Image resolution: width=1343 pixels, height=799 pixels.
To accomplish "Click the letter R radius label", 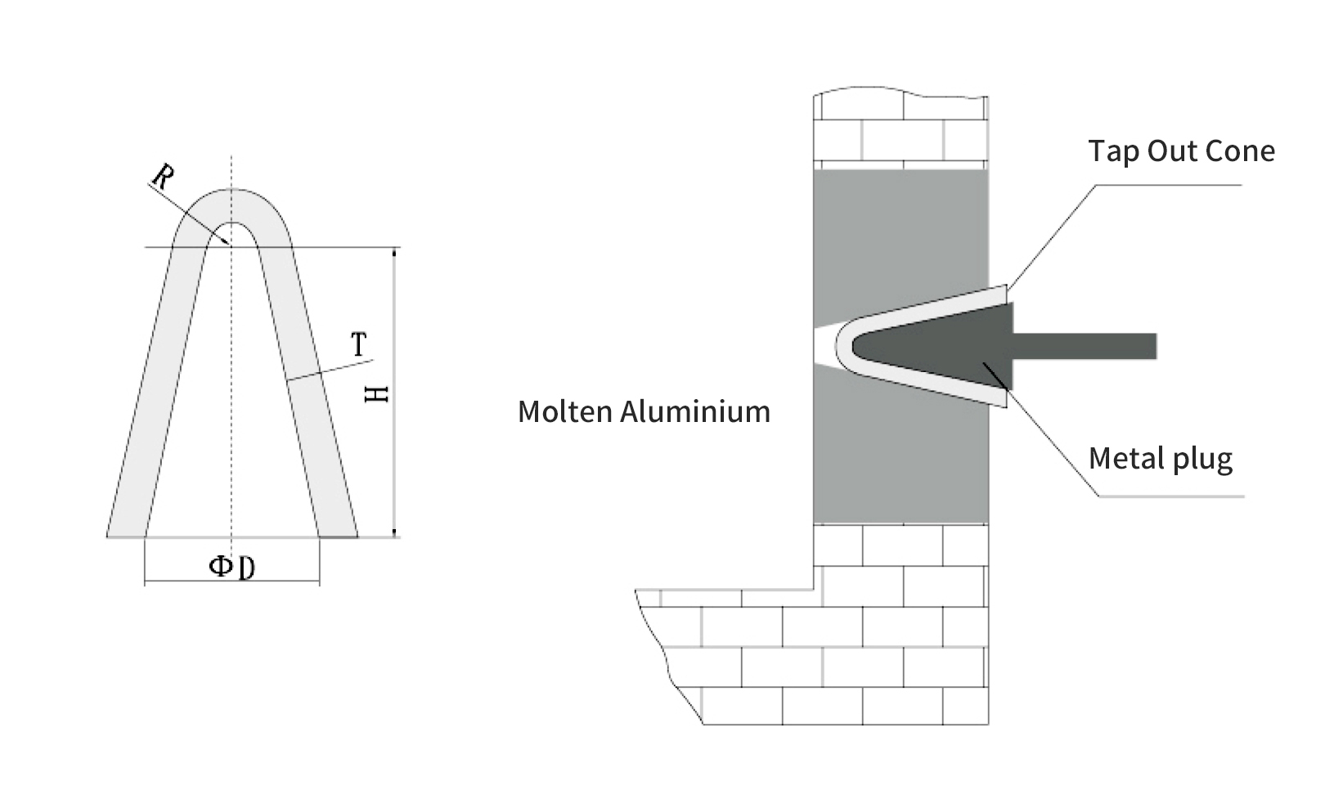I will (x=163, y=177).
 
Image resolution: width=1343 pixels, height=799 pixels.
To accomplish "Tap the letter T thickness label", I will (x=359, y=344).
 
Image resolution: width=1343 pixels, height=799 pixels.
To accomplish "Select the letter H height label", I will (x=376, y=393).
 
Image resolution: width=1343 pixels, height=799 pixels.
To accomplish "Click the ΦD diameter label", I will (x=232, y=566).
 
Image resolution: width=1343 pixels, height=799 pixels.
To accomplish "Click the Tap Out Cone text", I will (x=1181, y=151).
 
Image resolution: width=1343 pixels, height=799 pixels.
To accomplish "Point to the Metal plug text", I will (x=1160, y=459).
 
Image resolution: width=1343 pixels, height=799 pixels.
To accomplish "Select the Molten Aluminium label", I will (x=644, y=411).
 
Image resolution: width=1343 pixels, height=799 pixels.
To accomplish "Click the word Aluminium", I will (x=695, y=411).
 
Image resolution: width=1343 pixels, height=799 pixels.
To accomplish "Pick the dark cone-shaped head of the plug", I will (x=941, y=346).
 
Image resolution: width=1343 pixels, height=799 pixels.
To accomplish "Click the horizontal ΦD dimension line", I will (x=232, y=583).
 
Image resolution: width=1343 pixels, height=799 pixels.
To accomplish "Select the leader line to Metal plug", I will (x=1055, y=442).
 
